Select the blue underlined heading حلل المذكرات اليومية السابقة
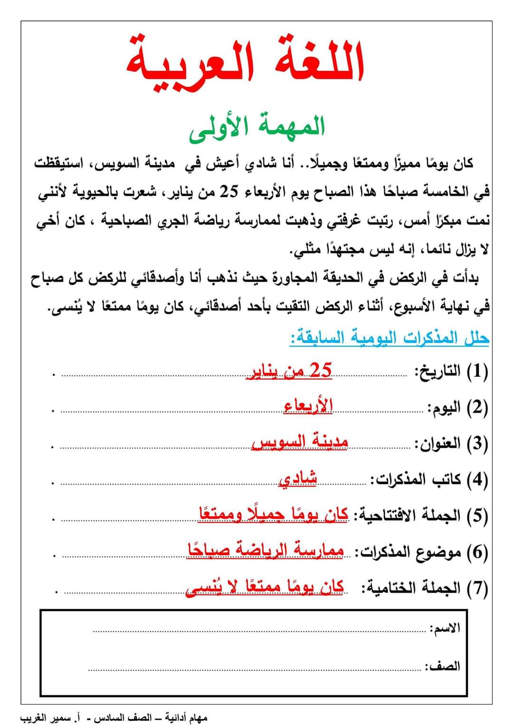coord(389,338)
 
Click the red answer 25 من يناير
coord(289,371)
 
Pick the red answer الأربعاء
coord(308,406)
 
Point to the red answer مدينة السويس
coord(300,442)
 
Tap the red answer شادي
coord(298,478)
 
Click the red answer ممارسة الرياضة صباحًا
coord(265,550)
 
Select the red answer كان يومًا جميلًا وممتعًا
coord(273,514)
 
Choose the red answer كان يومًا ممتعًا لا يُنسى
coord(265,587)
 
